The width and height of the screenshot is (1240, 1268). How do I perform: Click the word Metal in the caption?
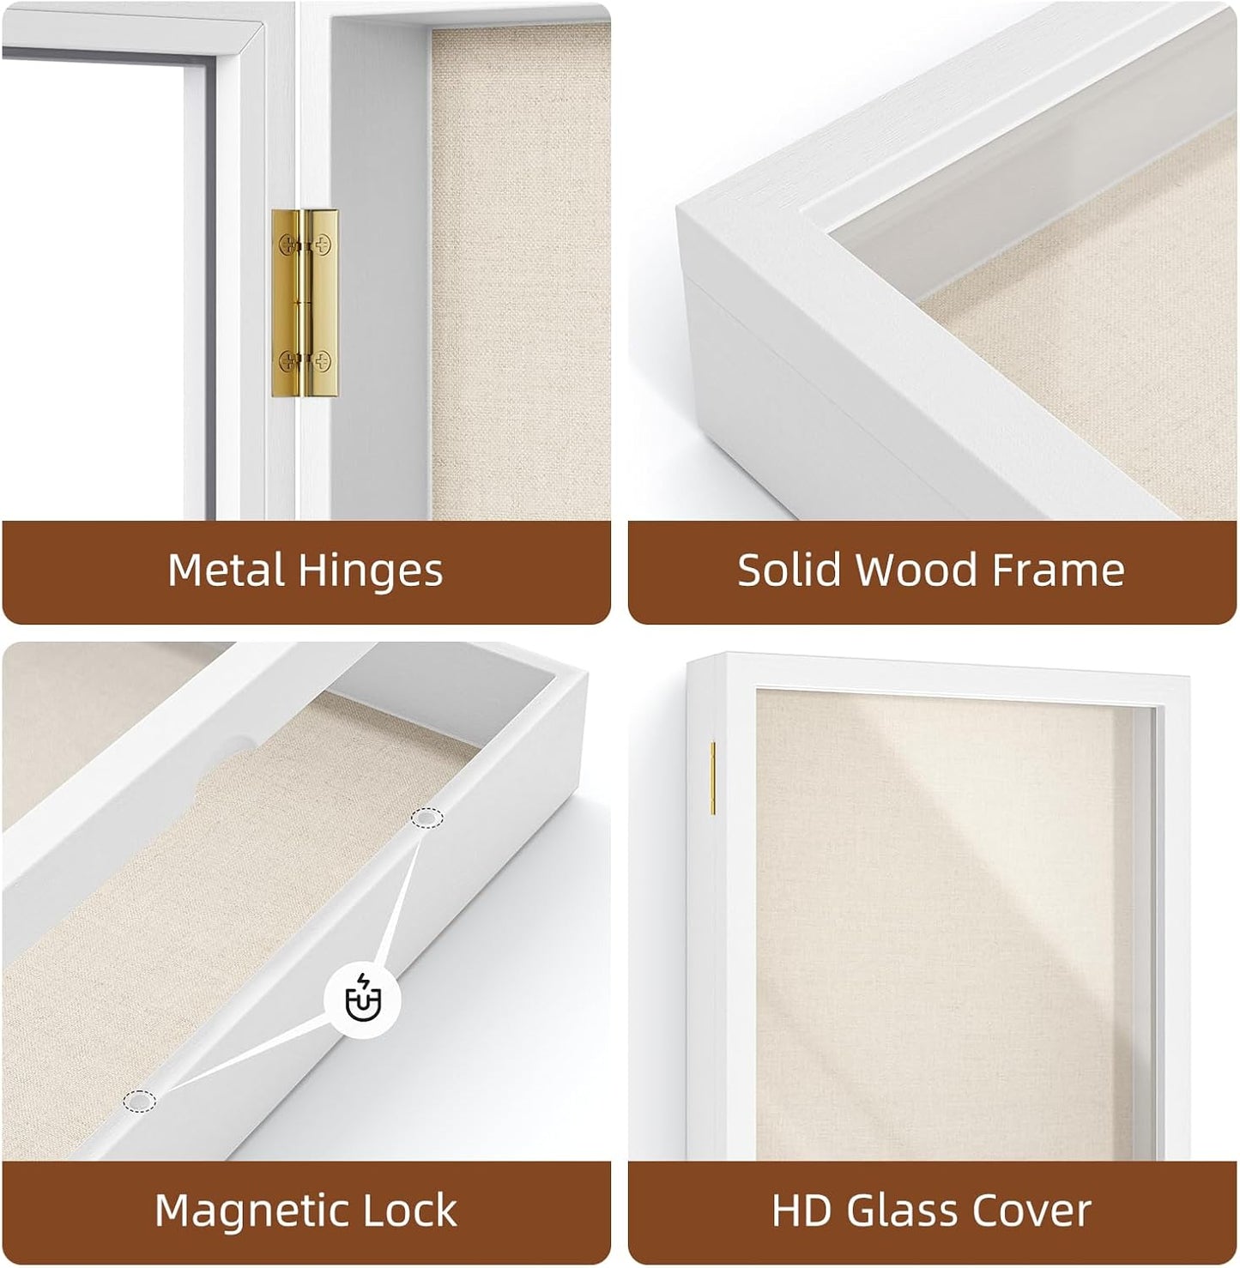pos(227,571)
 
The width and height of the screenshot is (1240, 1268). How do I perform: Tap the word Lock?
pos(408,1210)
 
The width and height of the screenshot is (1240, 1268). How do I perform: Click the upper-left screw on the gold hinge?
pos(287,245)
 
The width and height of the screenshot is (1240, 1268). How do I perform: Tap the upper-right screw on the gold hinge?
pos(323,245)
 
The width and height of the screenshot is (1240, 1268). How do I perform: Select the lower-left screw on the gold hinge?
pos(287,360)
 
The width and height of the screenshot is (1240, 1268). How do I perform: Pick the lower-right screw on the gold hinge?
pos(323,360)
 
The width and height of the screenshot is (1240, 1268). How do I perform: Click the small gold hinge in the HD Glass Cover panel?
pos(713,778)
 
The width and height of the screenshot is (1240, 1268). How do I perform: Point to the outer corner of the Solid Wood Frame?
pos(678,208)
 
